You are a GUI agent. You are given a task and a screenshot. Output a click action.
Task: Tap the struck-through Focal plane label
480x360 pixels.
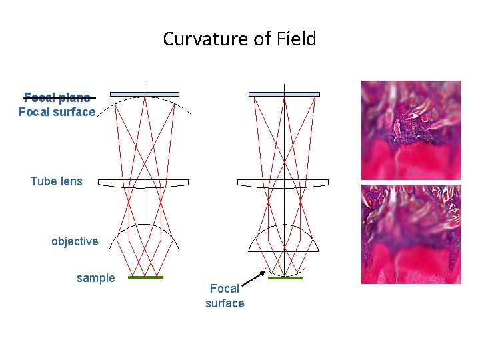[57, 97]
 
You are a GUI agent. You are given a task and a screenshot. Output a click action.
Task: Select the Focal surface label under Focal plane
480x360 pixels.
[57, 112]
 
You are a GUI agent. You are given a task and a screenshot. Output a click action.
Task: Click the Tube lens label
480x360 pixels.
[57, 181]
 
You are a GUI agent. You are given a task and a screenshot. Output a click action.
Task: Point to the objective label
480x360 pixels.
[75, 241]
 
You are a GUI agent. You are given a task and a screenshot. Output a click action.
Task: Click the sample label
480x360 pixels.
[95, 278]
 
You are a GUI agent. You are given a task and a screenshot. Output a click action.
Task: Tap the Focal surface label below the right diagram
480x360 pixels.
[225, 296]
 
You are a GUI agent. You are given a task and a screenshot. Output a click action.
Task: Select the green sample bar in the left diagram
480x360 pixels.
[145, 277]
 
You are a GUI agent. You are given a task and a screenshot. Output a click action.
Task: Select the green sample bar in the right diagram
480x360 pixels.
[285, 277]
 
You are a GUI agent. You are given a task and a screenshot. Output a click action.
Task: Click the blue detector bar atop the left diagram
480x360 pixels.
[145, 94]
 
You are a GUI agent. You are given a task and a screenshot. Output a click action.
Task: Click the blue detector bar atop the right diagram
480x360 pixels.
[284, 94]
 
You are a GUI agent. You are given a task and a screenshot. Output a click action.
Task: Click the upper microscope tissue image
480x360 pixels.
[411, 130]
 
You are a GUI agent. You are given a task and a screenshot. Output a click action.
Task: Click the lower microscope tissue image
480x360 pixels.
[411, 234]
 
